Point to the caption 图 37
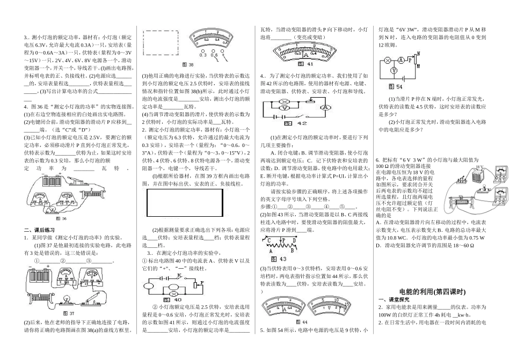click(68, 312)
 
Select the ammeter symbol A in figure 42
click(324, 107)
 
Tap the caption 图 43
click(280, 258)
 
